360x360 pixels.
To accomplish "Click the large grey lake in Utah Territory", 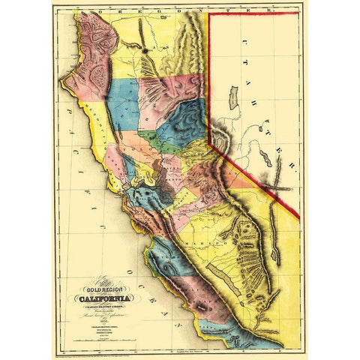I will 233,98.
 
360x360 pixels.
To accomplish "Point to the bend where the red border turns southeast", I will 209,145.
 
